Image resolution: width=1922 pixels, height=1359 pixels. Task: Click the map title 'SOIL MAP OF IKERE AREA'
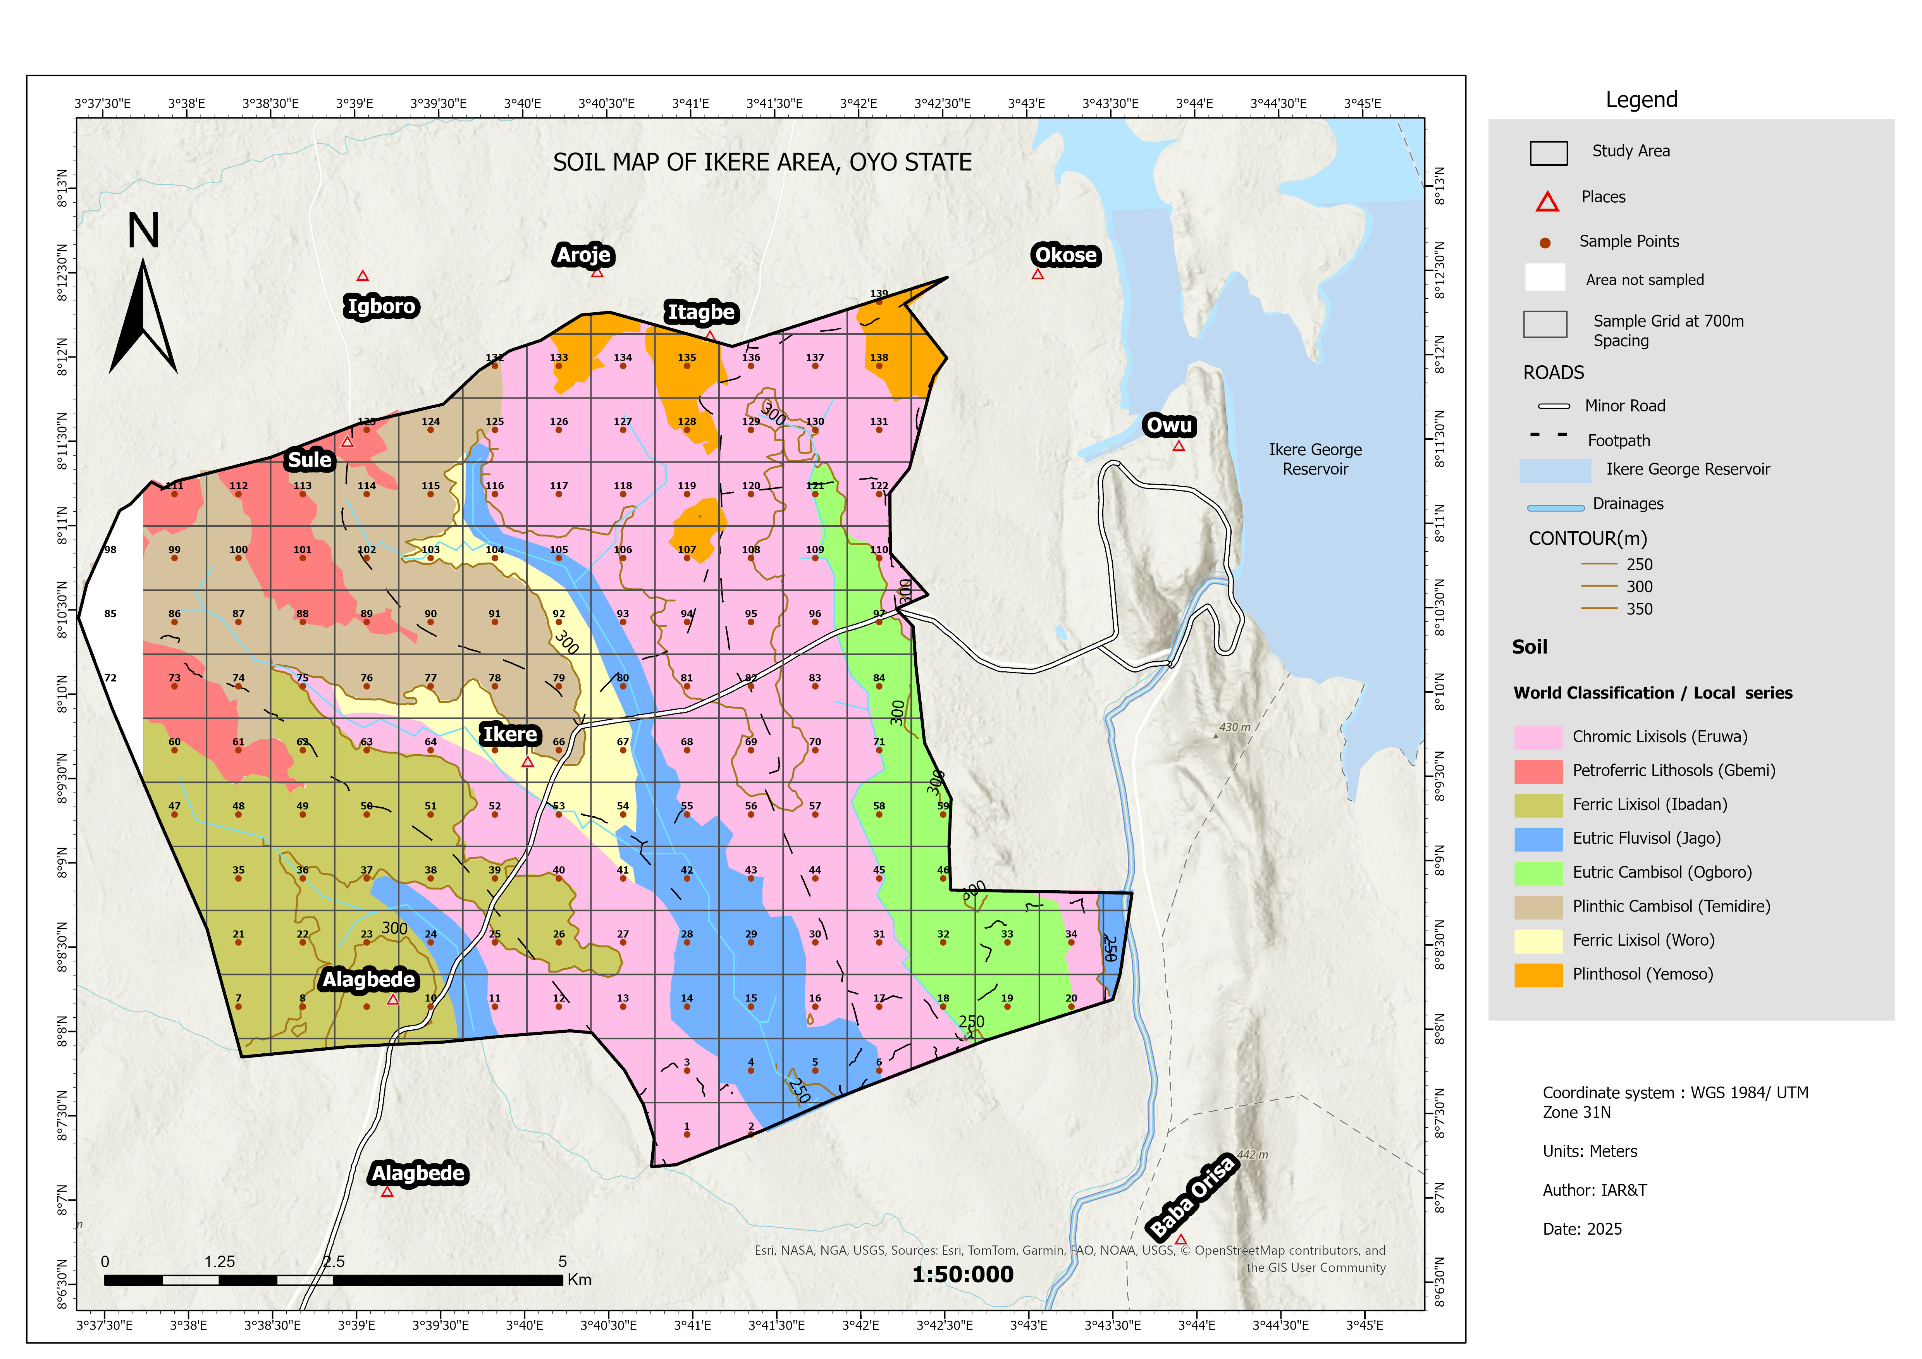762,162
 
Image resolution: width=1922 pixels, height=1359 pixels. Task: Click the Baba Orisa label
1192,1197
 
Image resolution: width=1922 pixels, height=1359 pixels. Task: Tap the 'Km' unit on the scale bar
579,1280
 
